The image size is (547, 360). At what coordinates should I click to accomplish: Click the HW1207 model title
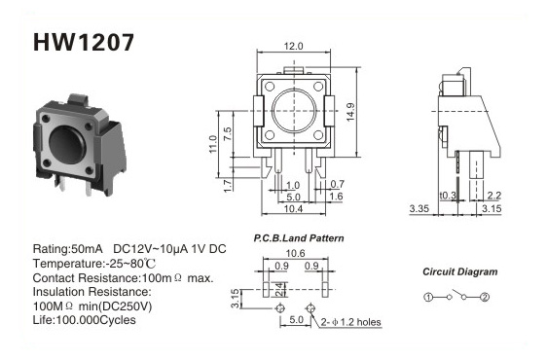[84, 42]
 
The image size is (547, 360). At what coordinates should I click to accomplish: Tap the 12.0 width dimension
[293, 46]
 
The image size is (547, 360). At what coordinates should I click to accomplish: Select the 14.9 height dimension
[350, 112]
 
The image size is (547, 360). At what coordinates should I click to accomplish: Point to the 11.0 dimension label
[213, 144]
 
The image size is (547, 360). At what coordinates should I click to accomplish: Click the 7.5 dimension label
[227, 133]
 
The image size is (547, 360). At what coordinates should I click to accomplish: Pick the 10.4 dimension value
[293, 208]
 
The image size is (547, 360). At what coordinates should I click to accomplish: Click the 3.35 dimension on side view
[419, 208]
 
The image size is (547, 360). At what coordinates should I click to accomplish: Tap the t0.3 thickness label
[448, 196]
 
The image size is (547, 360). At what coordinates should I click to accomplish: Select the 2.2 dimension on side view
[494, 196]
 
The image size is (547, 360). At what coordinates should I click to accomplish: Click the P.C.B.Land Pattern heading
[299, 238]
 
